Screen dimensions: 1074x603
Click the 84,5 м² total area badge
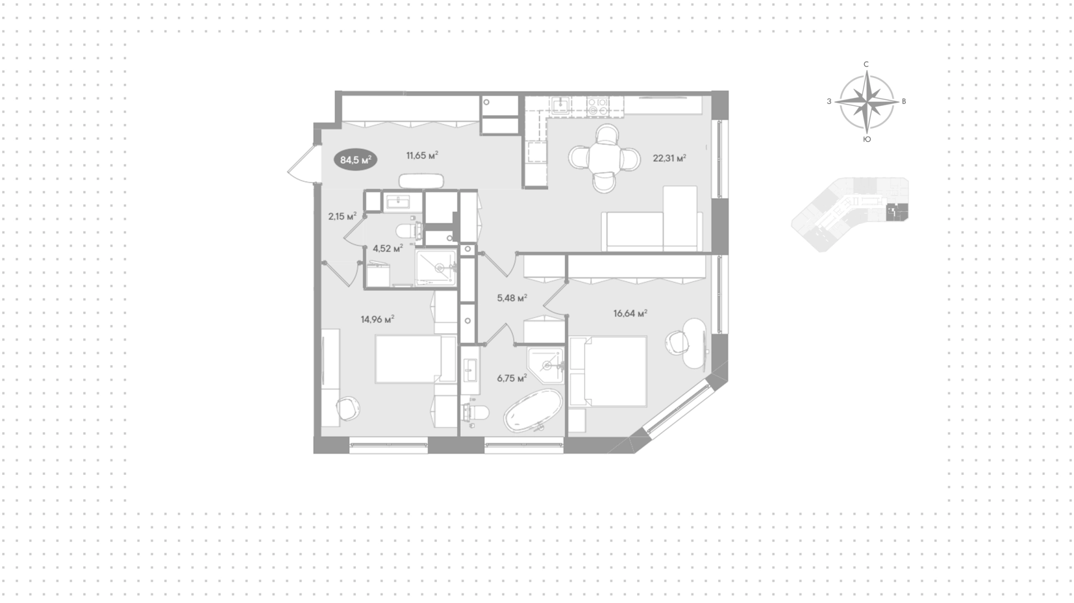pyautogui.click(x=356, y=160)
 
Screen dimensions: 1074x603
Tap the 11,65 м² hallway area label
pyautogui.click(x=422, y=156)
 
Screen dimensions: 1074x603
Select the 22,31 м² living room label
pyautogui.click(x=669, y=158)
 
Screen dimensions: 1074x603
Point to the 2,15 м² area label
pyautogui.click(x=342, y=216)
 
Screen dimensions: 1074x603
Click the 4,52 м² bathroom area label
pyautogui.click(x=388, y=248)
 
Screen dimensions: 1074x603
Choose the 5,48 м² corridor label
pyautogui.click(x=512, y=298)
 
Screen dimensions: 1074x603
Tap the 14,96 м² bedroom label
pyautogui.click(x=378, y=319)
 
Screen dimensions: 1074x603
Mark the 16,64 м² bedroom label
pyautogui.click(x=630, y=313)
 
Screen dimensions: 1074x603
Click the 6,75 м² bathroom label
pyautogui.click(x=512, y=378)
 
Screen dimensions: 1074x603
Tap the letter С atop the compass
pyautogui.click(x=866, y=64)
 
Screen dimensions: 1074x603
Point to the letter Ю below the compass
pyautogui.click(x=866, y=139)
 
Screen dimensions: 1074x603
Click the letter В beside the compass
pyautogui.click(x=904, y=101)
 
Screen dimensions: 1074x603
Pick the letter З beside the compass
pyautogui.click(x=829, y=101)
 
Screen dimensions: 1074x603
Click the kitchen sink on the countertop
pyautogui.click(x=559, y=105)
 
